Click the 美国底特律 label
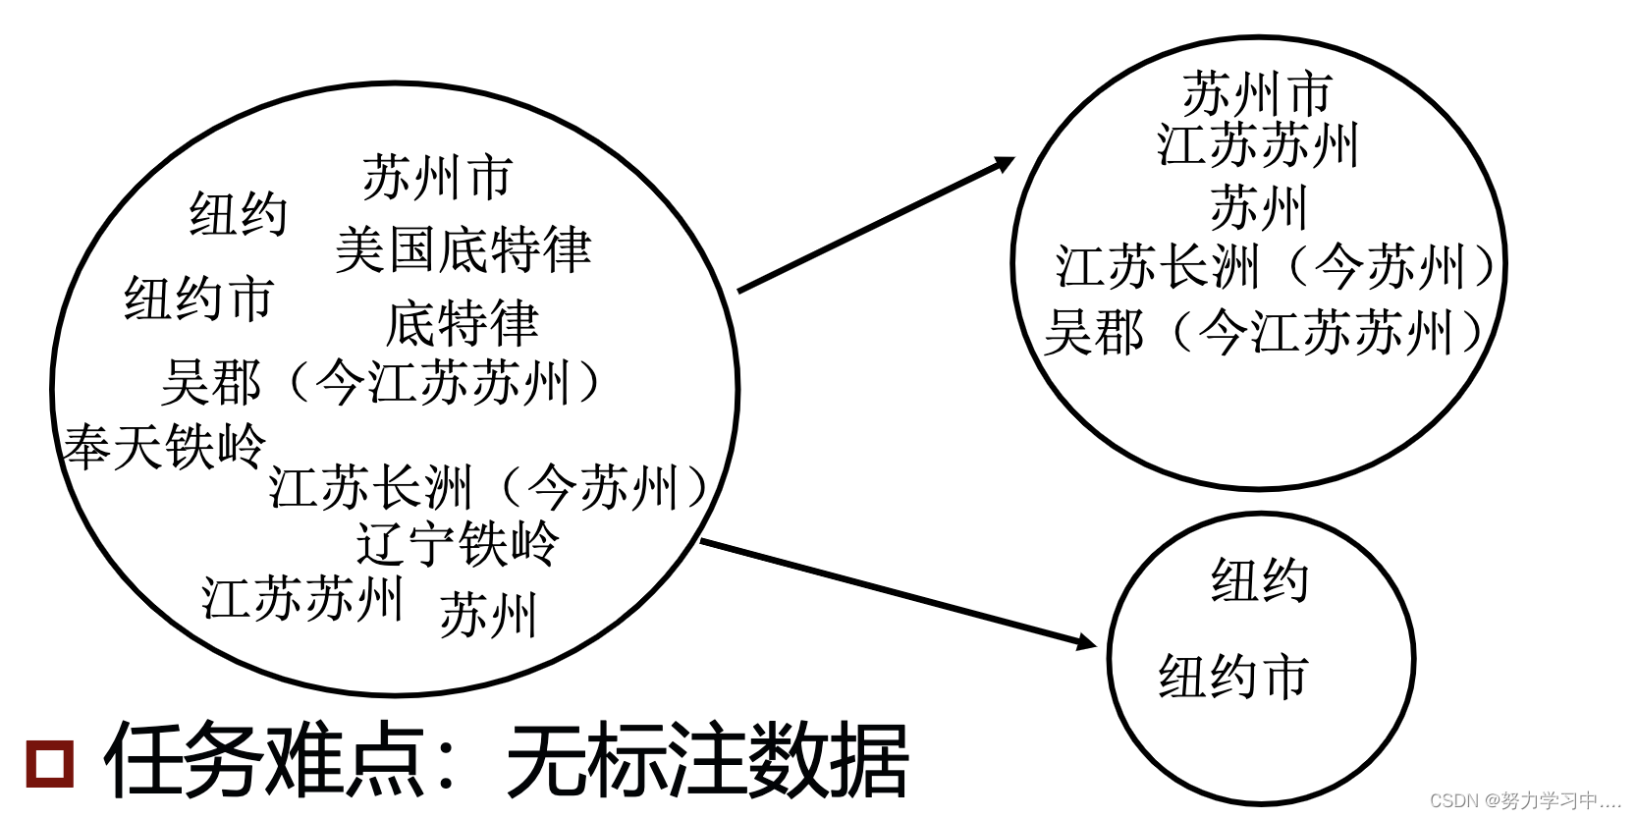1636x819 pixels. [463, 249]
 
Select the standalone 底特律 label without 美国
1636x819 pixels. [462, 324]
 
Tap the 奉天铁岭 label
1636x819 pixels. [164, 447]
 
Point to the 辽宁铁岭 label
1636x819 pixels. [457, 543]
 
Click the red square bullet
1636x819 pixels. [49, 763]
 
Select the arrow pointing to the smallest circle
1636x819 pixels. [899, 593]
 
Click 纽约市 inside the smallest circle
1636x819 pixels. [1233, 677]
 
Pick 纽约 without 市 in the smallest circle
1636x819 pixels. [1260, 579]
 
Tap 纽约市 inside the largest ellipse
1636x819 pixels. [198, 299]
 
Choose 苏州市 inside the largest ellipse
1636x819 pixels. [438, 178]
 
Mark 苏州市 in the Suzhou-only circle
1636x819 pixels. [1257, 94]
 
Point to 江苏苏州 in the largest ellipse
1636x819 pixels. [302, 598]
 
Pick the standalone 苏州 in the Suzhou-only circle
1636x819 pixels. [1259, 208]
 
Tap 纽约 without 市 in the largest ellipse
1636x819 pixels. [238, 214]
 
